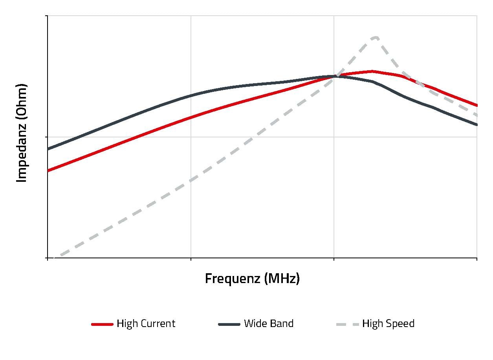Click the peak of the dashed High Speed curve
(x=376, y=38)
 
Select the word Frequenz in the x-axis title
(x=233, y=278)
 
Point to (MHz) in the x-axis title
(x=282, y=278)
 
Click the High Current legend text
(x=146, y=323)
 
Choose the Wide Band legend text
(x=268, y=323)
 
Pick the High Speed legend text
(x=388, y=323)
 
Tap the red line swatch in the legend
(x=102, y=324)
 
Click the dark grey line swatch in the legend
(x=229, y=324)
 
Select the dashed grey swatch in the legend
(x=348, y=324)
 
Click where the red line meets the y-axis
(x=48, y=171)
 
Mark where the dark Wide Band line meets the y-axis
(x=48, y=149)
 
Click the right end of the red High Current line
(x=477, y=105)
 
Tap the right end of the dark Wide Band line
(x=477, y=125)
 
